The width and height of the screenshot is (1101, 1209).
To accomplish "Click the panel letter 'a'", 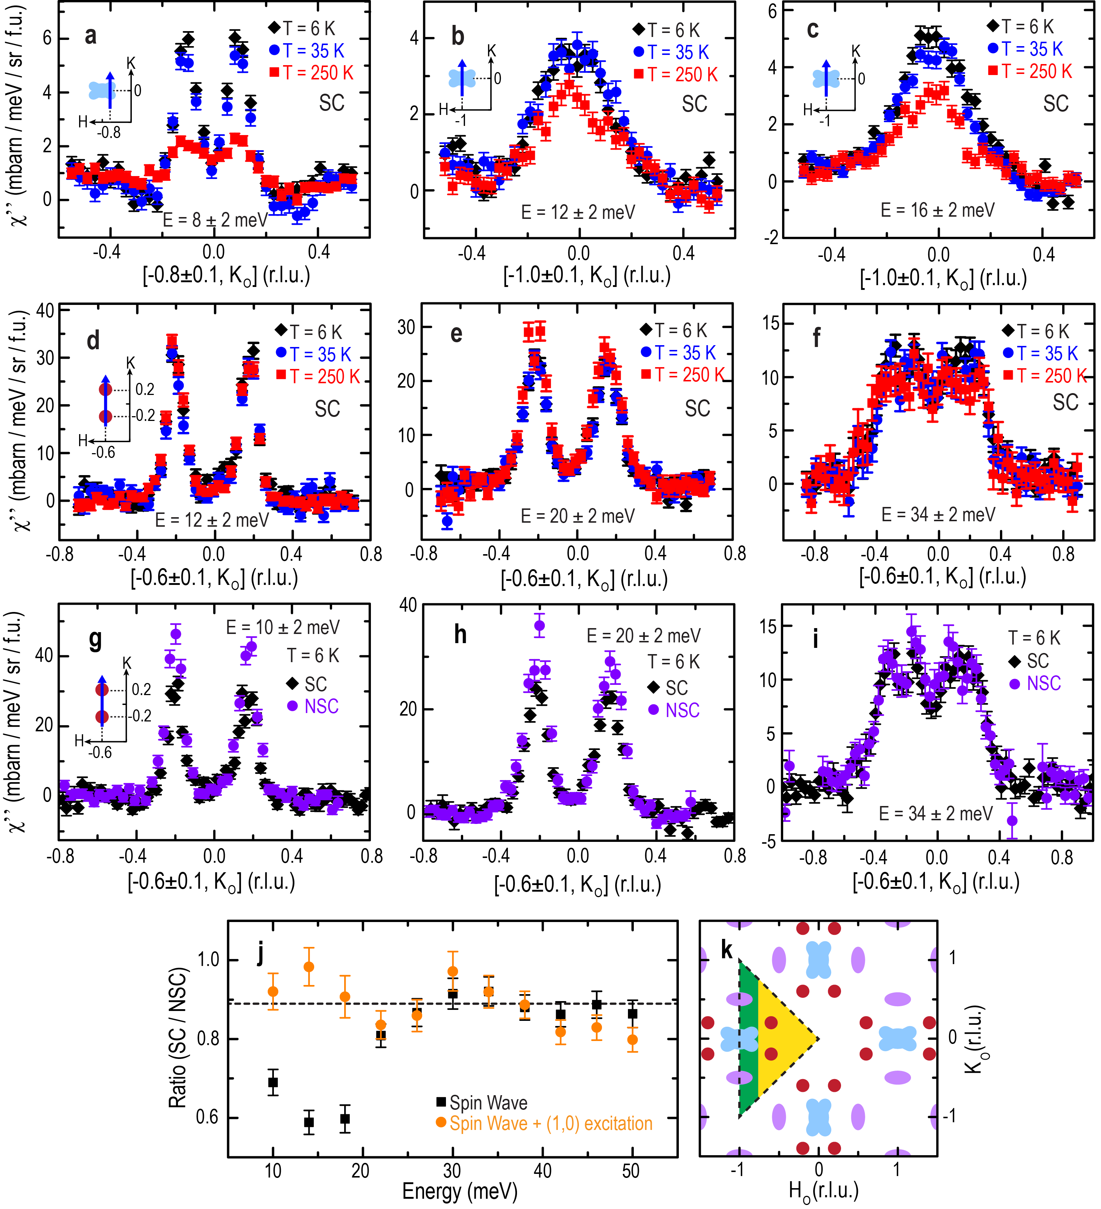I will tap(90, 36).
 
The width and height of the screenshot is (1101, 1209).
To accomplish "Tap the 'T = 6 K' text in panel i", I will tap(1033, 638).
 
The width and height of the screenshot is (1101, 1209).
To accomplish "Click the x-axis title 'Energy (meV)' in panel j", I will tap(460, 1190).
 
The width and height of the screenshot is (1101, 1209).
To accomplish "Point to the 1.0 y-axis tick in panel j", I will tap(208, 960).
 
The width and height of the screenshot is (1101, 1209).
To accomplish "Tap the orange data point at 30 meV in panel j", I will tap(453, 971).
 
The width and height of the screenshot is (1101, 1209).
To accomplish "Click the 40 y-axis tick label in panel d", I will tap(45, 311).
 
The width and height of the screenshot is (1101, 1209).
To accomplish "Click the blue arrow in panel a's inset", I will tap(111, 90).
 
